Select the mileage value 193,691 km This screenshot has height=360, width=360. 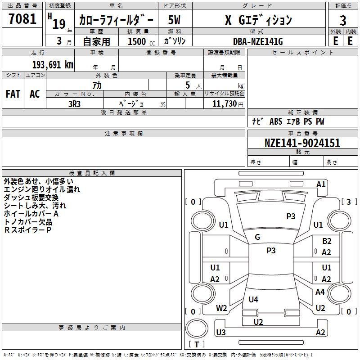coord(53,64)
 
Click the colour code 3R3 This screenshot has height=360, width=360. coord(74,103)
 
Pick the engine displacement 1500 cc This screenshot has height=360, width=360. coord(138,41)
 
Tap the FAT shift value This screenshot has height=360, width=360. coord(13,94)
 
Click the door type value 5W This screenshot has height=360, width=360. coord(175,20)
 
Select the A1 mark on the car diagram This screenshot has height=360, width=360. coord(321,184)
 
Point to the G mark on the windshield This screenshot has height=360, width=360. coord(257,237)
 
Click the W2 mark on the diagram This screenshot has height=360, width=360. coord(221,308)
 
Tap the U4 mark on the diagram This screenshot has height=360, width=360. coord(253,299)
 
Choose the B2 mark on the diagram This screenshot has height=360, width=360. coord(327,241)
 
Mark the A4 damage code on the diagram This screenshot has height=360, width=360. coord(320,292)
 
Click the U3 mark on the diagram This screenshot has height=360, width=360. coord(220,333)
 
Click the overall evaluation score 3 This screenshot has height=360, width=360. coord(343,20)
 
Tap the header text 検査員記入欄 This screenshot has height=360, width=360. coord(92,173)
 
